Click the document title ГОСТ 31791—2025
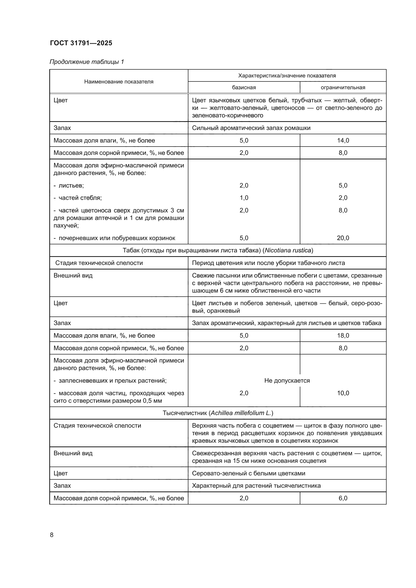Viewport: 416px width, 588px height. [x=81, y=43]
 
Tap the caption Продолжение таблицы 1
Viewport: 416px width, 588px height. [x=87, y=62]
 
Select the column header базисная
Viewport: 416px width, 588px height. [x=244, y=87]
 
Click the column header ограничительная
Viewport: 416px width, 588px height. [x=343, y=87]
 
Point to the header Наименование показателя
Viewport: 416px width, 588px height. [x=119, y=82]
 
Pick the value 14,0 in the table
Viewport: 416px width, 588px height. [x=343, y=140]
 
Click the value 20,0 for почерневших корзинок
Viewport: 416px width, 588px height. [x=343, y=238]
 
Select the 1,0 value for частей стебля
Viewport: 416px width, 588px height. [x=244, y=198]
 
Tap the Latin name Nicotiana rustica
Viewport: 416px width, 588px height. [x=288, y=250]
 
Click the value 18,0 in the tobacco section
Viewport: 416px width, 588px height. [x=343, y=336]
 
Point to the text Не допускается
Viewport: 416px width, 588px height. [x=287, y=381]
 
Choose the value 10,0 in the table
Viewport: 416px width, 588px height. [x=343, y=393]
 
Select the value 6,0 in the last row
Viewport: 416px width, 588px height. [x=343, y=498]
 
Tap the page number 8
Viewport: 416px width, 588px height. [x=52, y=535]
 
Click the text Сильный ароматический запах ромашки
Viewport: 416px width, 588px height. [x=251, y=128]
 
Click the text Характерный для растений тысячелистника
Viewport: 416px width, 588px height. [x=256, y=486]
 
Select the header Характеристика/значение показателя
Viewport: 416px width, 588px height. [x=287, y=76]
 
